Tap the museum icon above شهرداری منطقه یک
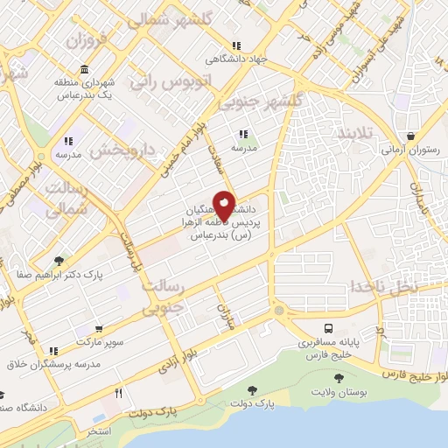[x=84, y=70]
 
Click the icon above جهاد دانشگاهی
[x=235, y=46]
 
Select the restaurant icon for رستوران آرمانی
[x=410, y=136]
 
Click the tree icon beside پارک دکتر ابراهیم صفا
[x=59, y=260]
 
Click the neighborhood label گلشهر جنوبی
[x=260, y=101]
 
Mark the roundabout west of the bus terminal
[x=278, y=311]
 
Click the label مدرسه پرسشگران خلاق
[x=48, y=364]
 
